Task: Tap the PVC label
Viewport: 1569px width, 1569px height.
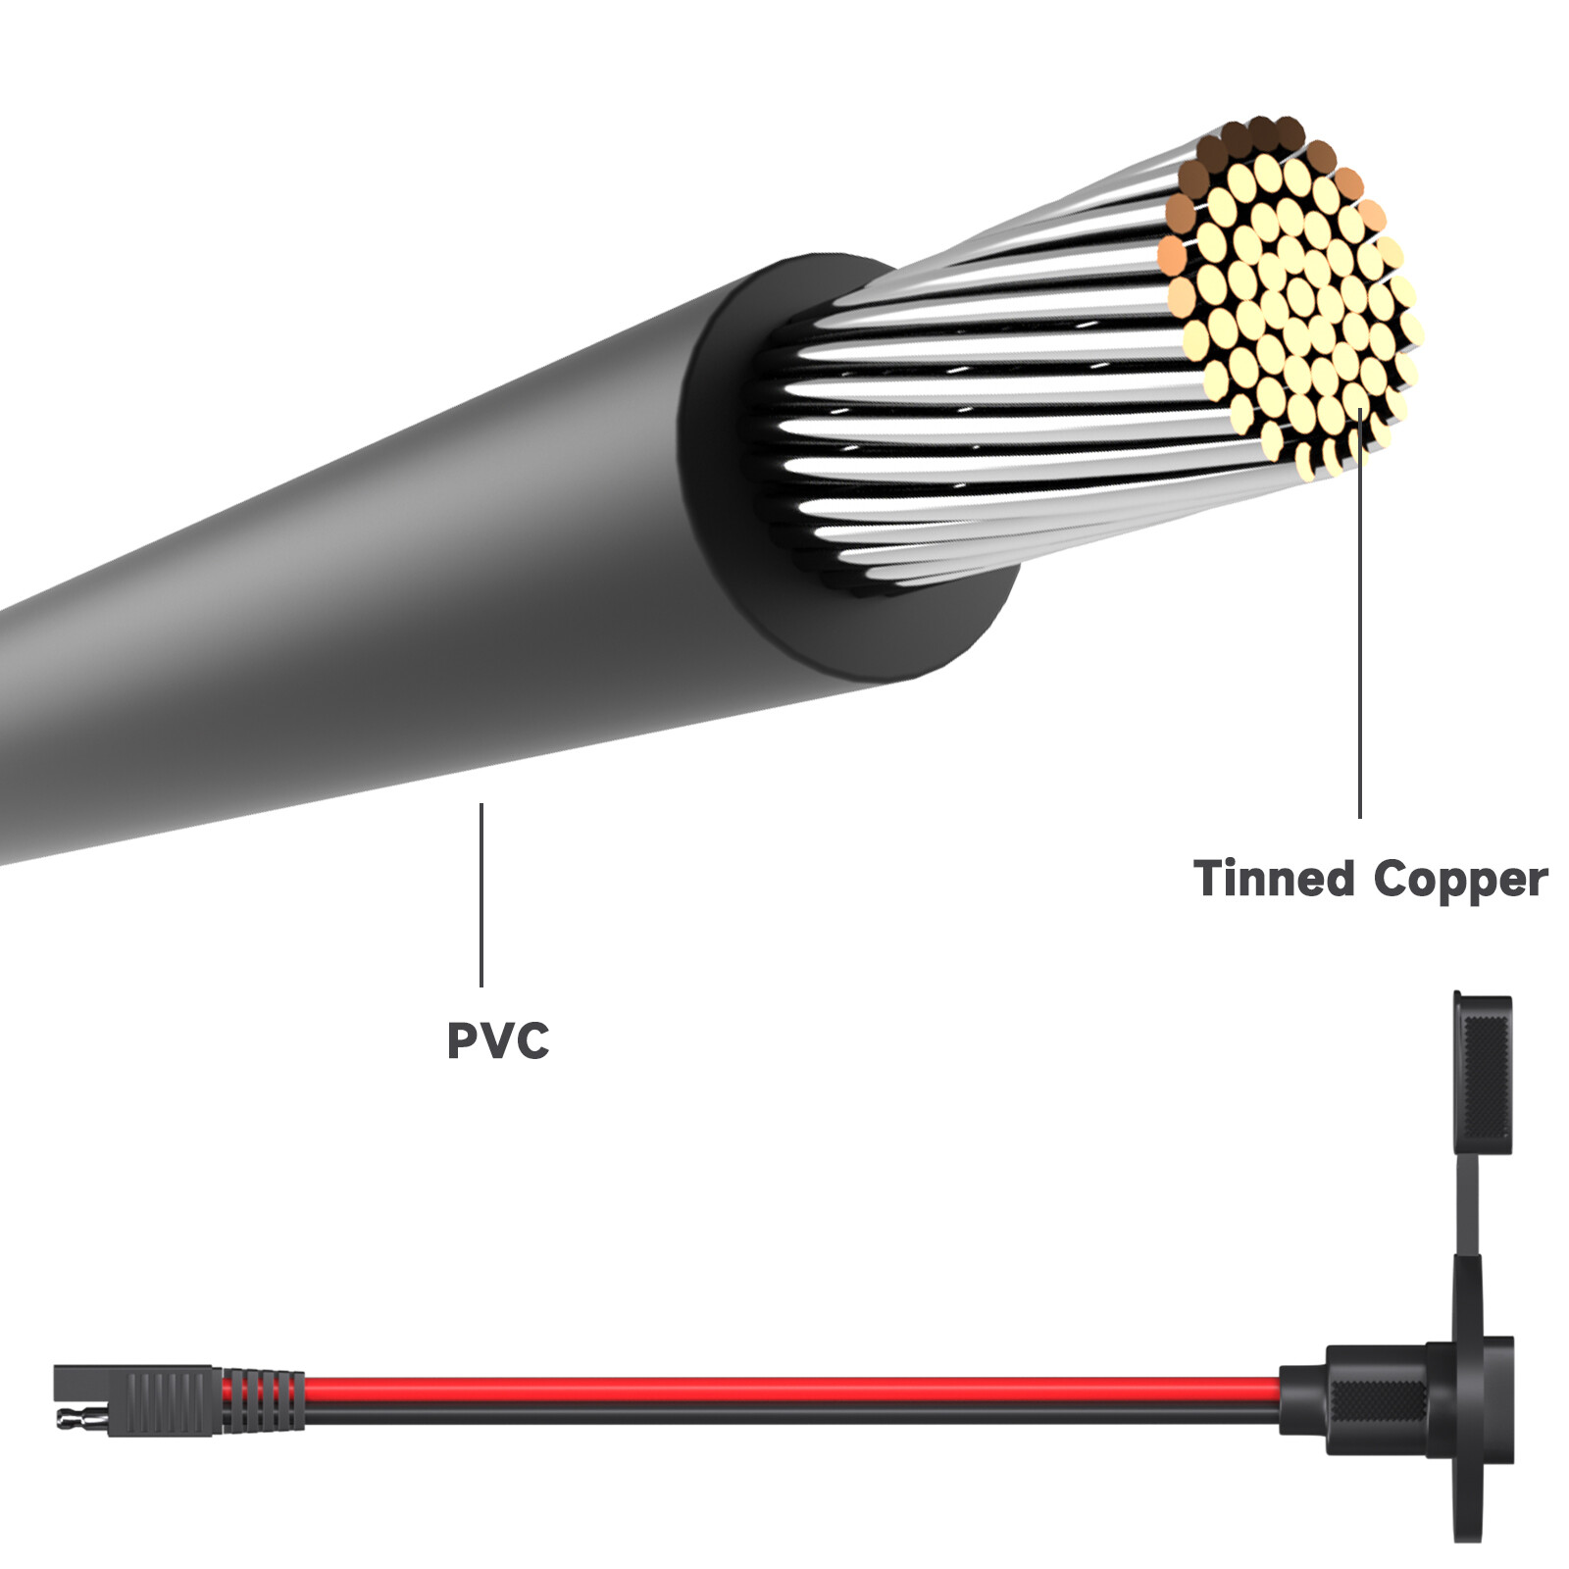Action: click(x=498, y=1040)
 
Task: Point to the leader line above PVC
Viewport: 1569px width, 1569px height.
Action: click(x=481, y=894)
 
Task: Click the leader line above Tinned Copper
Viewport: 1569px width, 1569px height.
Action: click(x=1360, y=613)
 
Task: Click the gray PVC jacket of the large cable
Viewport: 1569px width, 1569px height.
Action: click(x=353, y=608)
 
